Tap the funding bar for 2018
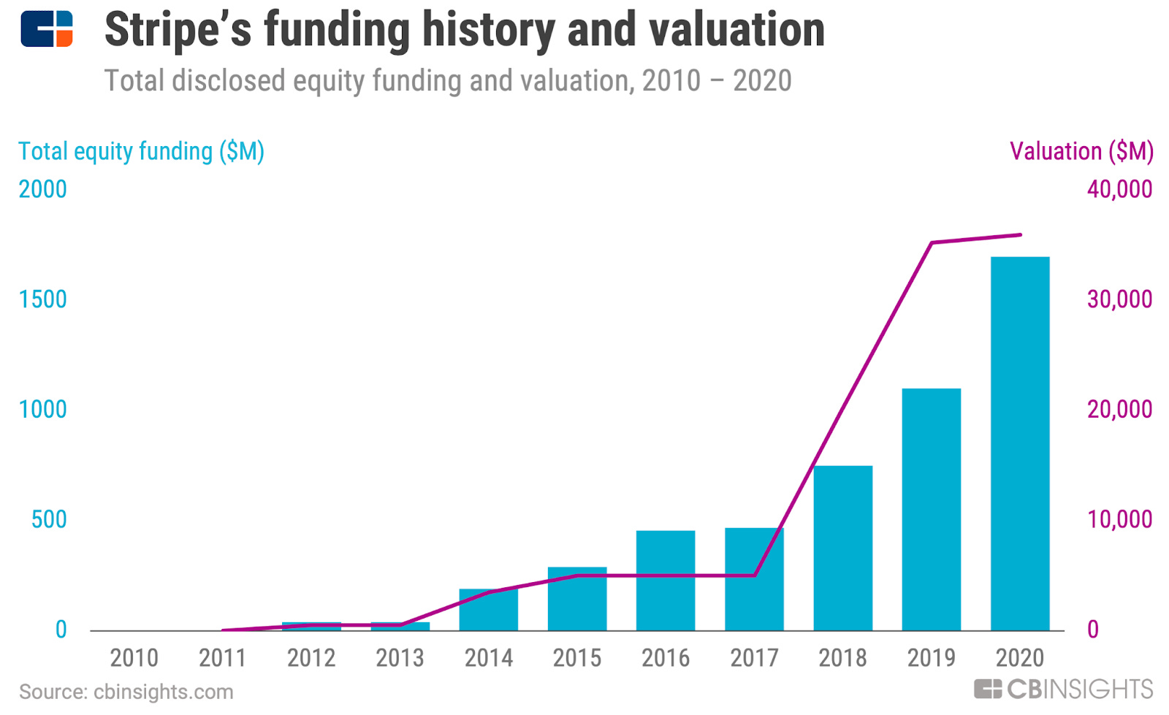coord(842,548)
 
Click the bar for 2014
coord(488,610)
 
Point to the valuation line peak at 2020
coord(1020,235)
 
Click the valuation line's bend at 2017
coord(754,576)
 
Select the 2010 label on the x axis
coord(134,658)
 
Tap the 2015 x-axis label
coord(576,658)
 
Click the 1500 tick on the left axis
coord(42,299)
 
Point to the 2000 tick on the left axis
coord(42,189)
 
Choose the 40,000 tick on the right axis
coord(1119,189)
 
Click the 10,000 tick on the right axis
coord(1119,519)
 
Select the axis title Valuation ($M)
coord(1081,151)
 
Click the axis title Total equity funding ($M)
coord(141,151)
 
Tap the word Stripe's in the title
coord(178,31)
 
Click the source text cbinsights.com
coord(163,692)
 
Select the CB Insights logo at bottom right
coord(1063,689)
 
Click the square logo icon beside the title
coord(47,29)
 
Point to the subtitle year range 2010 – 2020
coord(716,80)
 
